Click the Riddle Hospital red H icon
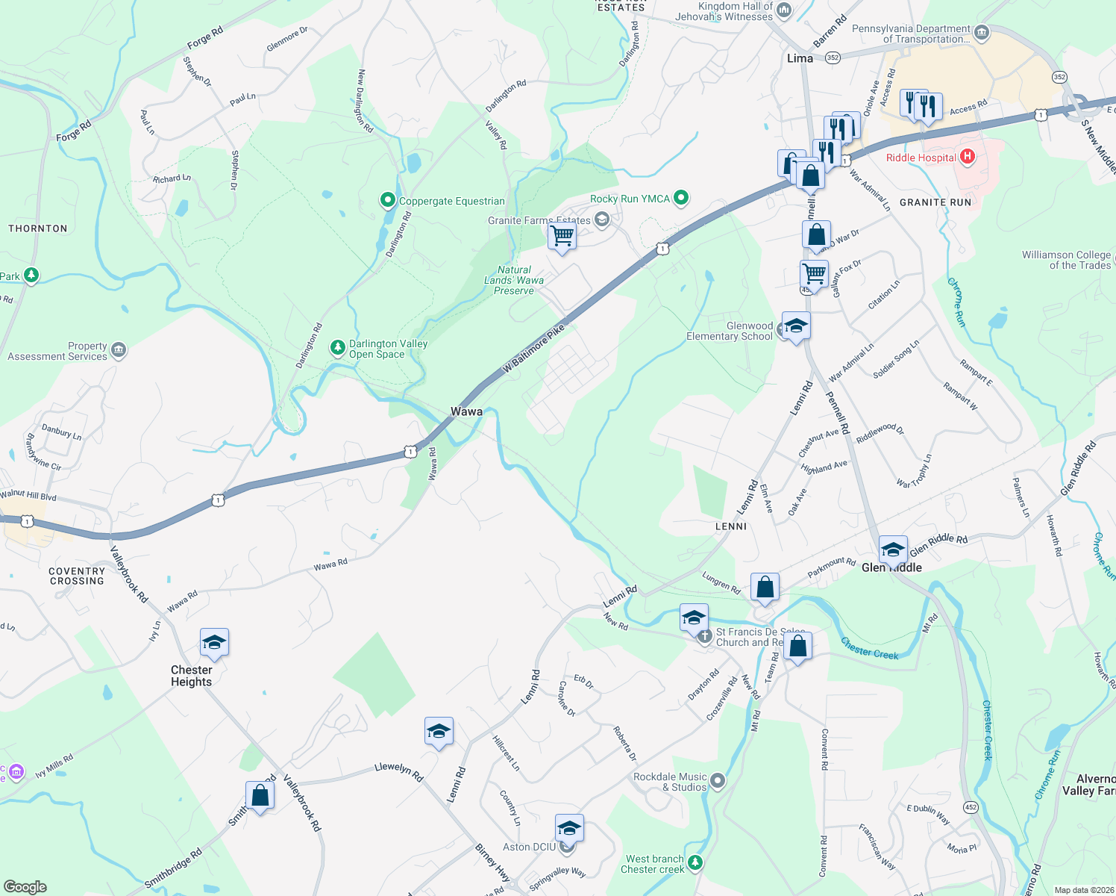click(968, 157)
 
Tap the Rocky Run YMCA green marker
click(680, 198)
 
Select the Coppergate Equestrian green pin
click(387, 200)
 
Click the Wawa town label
click(466, 411)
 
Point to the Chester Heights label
click(191, 676)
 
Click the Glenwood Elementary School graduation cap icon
click(796, 326)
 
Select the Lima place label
click(800, 58)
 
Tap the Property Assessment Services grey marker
click(119, 350)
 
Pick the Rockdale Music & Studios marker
click(718, 781)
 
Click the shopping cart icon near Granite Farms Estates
click(562, 236)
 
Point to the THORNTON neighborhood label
click(38, 228)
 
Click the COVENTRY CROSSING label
click(77, 576)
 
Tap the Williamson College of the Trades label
click(1066, 260)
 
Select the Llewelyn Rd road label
click(399, 771)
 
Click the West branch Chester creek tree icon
click(695, 863)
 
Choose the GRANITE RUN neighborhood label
click(935, 202)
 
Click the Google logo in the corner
click(25, 887)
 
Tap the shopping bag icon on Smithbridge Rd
click(260, 796)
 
